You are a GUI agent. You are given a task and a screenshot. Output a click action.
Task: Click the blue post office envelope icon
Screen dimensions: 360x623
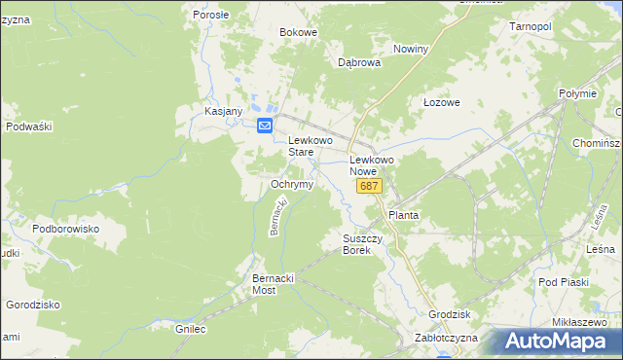(x=265, y=126)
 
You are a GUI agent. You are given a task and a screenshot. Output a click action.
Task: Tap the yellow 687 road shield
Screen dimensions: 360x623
(x=369, y=186)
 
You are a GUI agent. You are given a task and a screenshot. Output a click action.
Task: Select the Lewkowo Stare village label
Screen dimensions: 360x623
(x=312, y=146)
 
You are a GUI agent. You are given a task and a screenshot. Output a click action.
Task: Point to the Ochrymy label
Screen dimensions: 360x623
(x=291, y=184)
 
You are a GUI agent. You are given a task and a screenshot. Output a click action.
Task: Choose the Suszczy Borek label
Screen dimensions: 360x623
(x=363, y=244)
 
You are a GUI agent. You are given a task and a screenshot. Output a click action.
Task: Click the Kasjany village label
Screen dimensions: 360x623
(x=223, y=111)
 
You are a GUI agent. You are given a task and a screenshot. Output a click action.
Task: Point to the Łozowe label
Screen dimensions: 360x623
(x=441, y=102)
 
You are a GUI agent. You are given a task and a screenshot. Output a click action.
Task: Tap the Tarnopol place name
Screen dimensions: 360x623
(x=531, y=26)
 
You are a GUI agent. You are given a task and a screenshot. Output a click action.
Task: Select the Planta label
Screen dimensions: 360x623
(x=403, y=214)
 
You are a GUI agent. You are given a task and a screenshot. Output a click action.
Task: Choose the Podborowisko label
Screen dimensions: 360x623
(x=66, y=228)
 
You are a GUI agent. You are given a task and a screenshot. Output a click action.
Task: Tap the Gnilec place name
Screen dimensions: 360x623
(x=191, y=329)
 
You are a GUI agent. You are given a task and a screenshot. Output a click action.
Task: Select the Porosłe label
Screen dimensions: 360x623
(x=210, y=15)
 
